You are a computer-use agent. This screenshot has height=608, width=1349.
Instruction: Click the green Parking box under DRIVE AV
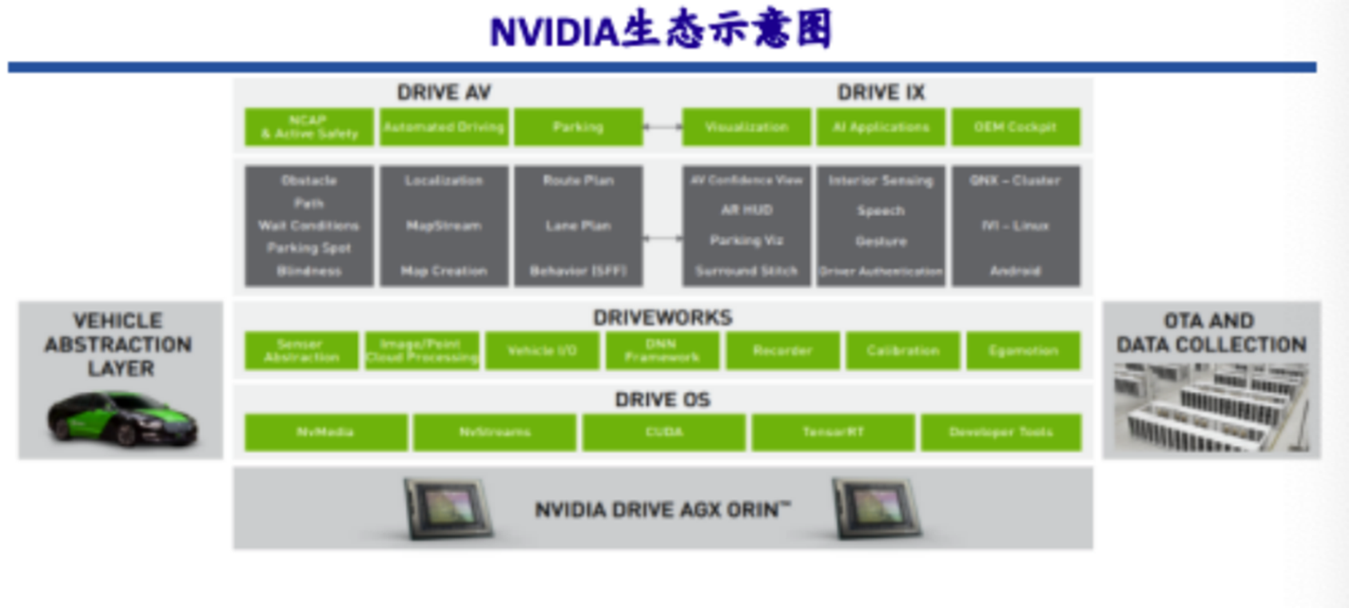578,127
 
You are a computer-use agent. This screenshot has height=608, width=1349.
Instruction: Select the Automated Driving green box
444,127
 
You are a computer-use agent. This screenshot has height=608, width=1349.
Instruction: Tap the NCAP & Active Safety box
309,127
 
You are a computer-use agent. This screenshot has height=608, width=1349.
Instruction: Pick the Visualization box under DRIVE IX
746,127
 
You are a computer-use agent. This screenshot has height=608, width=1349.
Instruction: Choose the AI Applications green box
881,127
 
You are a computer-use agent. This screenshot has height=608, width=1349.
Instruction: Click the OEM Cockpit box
1015,127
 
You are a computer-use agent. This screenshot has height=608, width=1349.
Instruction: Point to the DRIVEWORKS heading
663,317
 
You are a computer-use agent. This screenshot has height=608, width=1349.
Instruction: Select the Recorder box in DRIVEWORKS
782,351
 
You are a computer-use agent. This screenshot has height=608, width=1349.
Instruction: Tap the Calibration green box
903,351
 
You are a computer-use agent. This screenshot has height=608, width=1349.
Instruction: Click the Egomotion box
1023,351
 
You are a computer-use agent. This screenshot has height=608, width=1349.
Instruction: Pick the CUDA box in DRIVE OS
664,432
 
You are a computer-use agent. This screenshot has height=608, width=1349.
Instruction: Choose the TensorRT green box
833,432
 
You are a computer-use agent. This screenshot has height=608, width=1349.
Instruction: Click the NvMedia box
325,432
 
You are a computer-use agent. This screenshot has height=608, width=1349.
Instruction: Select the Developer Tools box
1001,432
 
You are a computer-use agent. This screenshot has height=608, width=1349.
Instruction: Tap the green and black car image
121,418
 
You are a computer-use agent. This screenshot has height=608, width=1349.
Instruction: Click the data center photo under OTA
1211,407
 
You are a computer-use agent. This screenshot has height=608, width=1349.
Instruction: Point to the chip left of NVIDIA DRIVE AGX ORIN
448,508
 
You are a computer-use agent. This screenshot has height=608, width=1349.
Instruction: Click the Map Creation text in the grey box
444,271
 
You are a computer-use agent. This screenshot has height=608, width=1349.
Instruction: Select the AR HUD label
746,210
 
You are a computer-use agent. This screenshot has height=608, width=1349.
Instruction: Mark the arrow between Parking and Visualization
663,126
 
